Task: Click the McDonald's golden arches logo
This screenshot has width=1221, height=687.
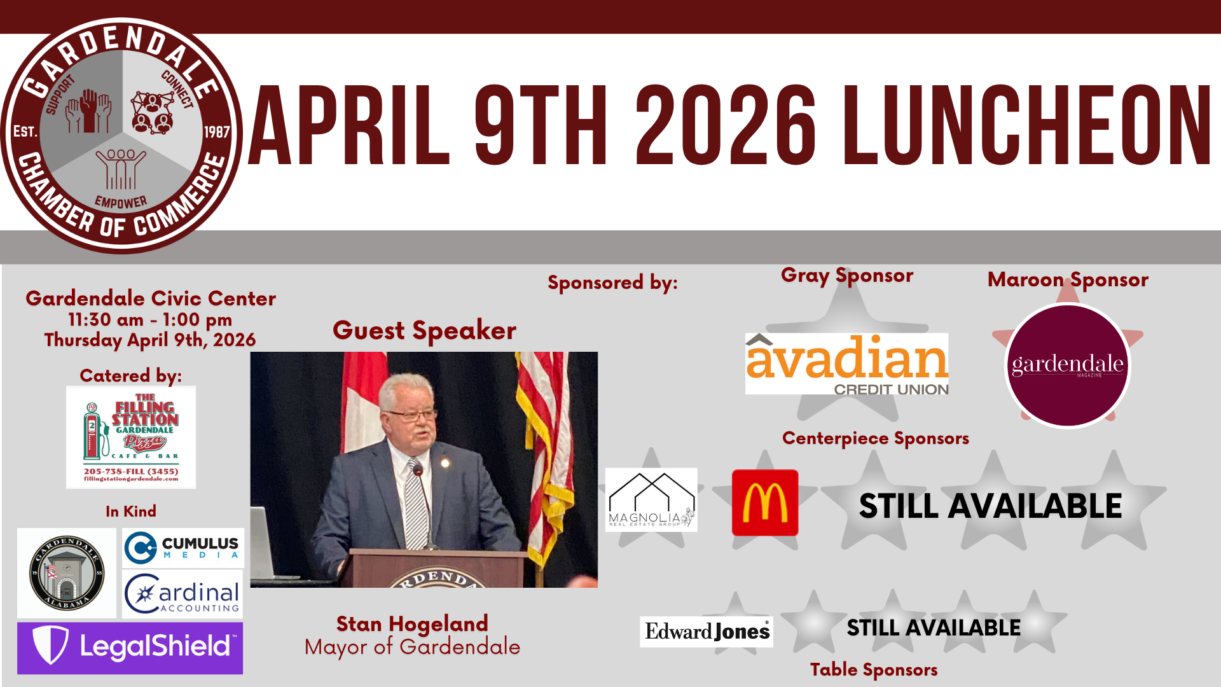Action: pyautogui.click(x=764, y=503)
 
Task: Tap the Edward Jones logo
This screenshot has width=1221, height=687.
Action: pyautogui.click(x=707, y=631)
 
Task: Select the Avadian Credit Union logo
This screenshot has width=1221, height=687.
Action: pyautogui.click(x=846, y=364)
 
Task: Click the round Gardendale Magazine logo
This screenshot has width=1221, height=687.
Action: pyautogui.click(x=1067, y=366)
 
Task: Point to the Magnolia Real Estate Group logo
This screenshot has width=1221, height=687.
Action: pyautogui.click(x=651, y=500)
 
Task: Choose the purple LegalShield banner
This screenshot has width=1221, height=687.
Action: pyautogui.click(x=130, y=648)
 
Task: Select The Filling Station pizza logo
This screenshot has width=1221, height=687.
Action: pyautogui.click(x=131, y=437)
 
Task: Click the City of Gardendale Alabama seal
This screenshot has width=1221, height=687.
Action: pyautogui.click(x=67, y=572)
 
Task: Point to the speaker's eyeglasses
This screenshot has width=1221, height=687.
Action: pyautogui.click(x=412, y=415)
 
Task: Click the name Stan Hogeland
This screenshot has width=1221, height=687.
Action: pyautogui.click(x=412, y=623)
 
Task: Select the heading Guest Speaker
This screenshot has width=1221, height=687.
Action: pyautogui.click(x=424, y=331)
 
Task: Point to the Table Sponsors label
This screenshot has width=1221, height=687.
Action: pyautogui.click(x=874, y=670)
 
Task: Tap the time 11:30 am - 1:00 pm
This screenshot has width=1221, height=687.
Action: pyautogui.click(x=150, y=319)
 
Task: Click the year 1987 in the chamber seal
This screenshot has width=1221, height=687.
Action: pyautogui.click(x=217, y=132)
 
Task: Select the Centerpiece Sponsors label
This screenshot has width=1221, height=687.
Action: pyautogui.click(x=876, y=438)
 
